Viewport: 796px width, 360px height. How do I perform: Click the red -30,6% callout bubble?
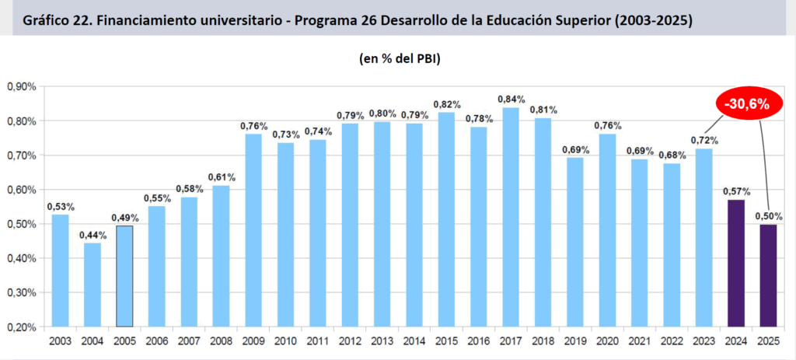tap(742, 104)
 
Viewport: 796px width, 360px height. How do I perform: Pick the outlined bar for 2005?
tap(124, 276)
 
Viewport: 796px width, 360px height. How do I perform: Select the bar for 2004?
tap(93, 285)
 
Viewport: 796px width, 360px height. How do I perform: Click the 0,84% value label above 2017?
tap(511, 100)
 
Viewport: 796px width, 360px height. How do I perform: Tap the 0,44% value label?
tap(93, 235)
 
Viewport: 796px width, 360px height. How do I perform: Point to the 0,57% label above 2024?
tap(735, 191)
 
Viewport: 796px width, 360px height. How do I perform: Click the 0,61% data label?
tap(222, 177)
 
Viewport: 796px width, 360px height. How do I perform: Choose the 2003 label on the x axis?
tap(61, 341)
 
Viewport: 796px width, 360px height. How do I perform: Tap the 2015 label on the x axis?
tap(446, 341)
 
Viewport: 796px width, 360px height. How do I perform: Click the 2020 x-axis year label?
tap(607, 341)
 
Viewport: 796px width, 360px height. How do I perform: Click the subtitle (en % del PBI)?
tap(400, 58)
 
